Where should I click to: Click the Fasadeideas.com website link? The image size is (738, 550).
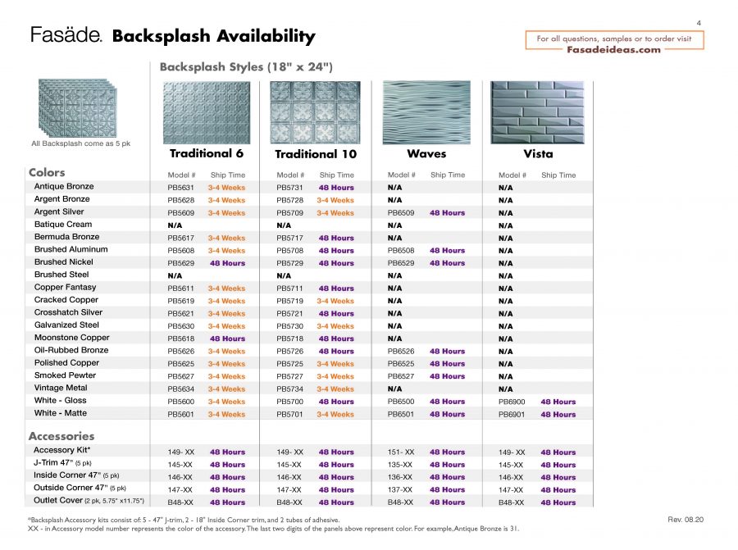click(x=613, y=49)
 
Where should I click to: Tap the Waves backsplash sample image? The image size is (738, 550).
click(x=426, y=111)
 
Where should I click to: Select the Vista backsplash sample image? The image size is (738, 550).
click(x=537, y=111)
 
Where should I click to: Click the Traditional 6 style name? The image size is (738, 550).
click(x=207, y=153)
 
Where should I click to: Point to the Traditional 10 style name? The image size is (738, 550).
click(x=316, y=154)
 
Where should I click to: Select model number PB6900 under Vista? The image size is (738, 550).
click(x=512, y=402)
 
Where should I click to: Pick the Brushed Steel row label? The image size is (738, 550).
click(x=61, y=275)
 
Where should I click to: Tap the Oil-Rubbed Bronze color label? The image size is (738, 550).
click(x=71, y=350)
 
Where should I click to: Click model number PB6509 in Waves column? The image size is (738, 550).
click(x=401, y=213)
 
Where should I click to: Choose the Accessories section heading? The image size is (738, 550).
click(x=61, y=436)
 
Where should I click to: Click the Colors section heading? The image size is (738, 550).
click(x=47, y=172)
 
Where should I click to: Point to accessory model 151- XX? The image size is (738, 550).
click(x=401, y=452)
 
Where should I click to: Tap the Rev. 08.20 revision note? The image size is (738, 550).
click(x=686, y=520)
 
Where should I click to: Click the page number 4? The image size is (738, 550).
click(x=699, y=23)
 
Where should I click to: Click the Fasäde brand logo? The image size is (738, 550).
click(x=66, y=35)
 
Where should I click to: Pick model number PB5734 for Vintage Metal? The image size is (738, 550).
click(x=290, y=389)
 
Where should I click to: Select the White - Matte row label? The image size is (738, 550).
click(x=61, y=413)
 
